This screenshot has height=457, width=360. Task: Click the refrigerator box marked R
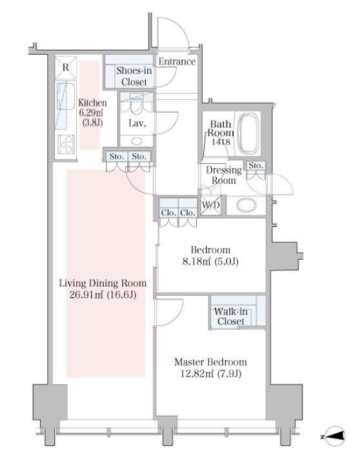click(66, 68)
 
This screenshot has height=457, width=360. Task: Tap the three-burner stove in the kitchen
click(66, 144)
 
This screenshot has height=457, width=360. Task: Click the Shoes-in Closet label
click(134, 76)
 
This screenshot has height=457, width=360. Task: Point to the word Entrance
click(177, 61)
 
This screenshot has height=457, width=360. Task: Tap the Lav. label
click(137, 123)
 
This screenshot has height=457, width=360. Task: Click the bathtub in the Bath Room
click(248, 133)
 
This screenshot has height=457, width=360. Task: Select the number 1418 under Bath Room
click(221, 142)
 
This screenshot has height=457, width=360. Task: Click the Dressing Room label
click(224, 175)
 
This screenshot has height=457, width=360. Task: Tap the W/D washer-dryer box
click(210, 205)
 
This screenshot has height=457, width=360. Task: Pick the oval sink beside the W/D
click(246, 205)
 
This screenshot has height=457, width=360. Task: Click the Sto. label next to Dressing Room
click(256, 166)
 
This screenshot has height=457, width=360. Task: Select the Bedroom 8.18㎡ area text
click(210, 256)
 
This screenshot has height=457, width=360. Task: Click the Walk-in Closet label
click(230, 316)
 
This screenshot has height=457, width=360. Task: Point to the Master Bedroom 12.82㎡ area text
click(210, 368)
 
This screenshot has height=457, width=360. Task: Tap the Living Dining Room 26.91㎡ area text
click(103, 289)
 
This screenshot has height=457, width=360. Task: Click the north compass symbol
click(335, 436)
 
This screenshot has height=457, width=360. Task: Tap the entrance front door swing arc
click(181, 27)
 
